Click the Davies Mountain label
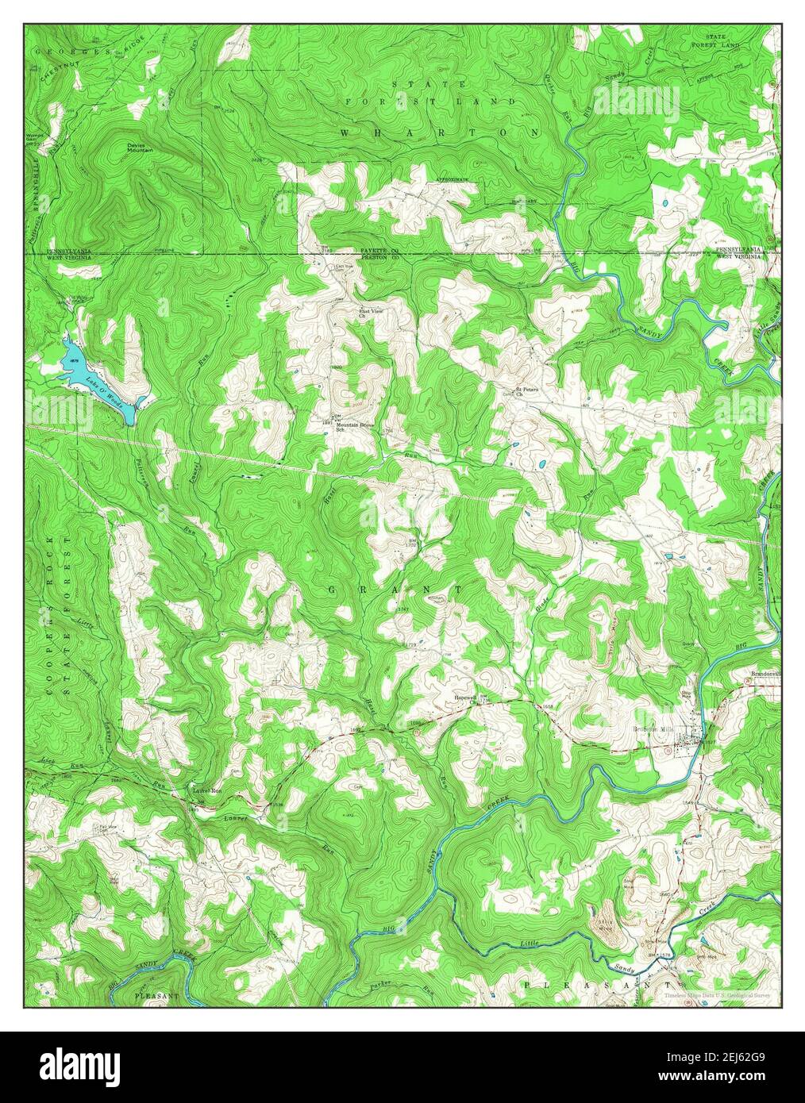[140, 149]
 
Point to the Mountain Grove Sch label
[354, 428]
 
